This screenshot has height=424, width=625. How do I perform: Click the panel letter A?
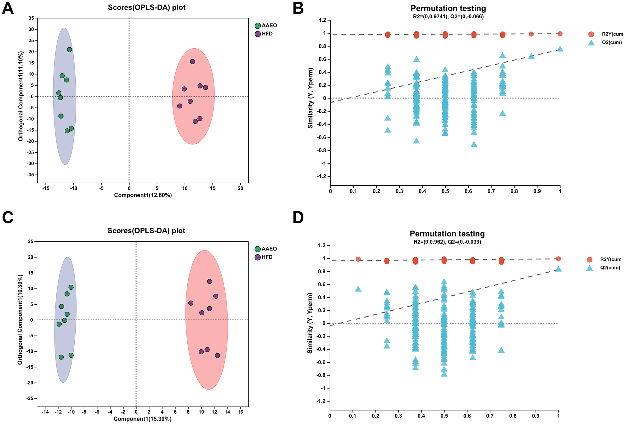(x=8, y=8)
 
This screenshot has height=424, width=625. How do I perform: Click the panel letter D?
(x=298, y=217)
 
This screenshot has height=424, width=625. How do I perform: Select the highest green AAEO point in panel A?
(x=69, y=50)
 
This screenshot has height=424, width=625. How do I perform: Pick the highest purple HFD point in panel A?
(x=193, y=62)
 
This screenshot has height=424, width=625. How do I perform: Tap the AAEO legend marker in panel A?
(x=258, y=26)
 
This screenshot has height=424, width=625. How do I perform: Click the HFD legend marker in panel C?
(x=258, y=257)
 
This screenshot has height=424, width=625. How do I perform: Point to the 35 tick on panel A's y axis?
(x=31, y=18)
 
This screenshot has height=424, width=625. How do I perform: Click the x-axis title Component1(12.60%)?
(x=143, y=195)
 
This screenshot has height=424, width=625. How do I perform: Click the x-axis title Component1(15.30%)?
(x=143, y=419)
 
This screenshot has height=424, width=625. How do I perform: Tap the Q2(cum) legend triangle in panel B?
(x=591, y=43)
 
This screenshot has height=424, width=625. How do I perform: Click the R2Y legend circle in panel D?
(x=590, y=260)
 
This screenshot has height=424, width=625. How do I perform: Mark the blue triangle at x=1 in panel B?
(x=560, y=49)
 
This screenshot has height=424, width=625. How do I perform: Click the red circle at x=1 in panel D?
(x=558, y=259)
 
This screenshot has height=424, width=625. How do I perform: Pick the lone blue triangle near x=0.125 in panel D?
(x=358, y=289)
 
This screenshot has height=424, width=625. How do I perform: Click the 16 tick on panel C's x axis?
(x=240, y=412)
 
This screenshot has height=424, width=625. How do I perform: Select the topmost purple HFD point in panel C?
(x=209, y=281)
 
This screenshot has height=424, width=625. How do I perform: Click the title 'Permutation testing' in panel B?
(x=448, y=8)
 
